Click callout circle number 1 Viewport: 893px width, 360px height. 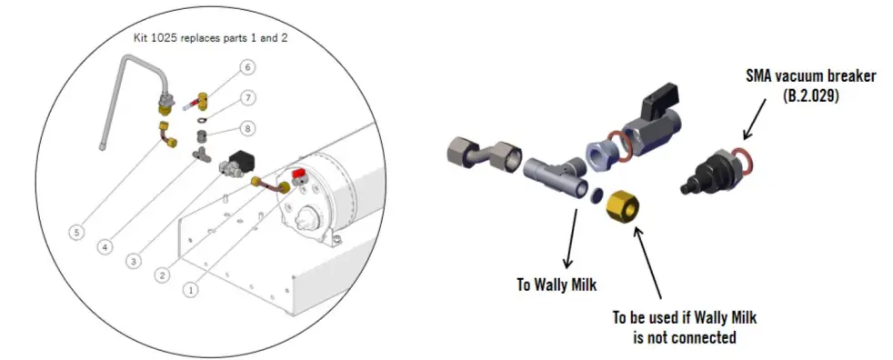click(x=191, y=290)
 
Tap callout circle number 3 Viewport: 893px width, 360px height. click(x=134, y=260)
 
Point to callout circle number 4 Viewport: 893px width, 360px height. click(x=105, y=245)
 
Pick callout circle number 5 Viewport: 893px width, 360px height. click(x=78, y=232)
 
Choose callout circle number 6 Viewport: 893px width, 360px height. click(x=247, y=67)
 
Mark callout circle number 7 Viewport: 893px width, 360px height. click(x=247, y=98)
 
